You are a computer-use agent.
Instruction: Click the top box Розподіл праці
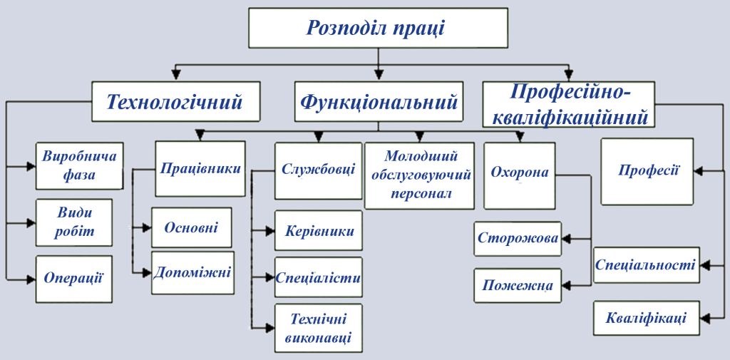click(x=378, y=28)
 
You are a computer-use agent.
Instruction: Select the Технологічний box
click(x=175, y=101)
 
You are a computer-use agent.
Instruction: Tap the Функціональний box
click(x=379, y=101)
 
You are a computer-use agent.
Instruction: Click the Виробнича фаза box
click(x=68, y=165)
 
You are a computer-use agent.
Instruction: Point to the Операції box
click(x=73, y=278)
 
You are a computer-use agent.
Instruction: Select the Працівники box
click(x=200, y=169)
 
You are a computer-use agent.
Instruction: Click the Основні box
click(x=191, y=227)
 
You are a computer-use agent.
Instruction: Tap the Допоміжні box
click(x=192, y=272)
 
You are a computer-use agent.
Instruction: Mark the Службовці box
click(x=318, y=170)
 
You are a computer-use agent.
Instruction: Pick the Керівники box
click(x=318, y=232)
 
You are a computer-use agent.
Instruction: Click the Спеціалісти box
click(x=318, y=277)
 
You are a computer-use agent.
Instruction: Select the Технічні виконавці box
click(x=318, y=328)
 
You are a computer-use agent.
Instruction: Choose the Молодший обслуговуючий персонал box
click(x=421, y=175)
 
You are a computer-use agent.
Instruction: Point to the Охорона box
click(x=519, y=173)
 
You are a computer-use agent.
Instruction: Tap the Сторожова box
click(x=518, y=238)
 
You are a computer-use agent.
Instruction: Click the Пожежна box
click(x=518, y=285)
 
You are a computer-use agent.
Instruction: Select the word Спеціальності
click(x=645, y=265)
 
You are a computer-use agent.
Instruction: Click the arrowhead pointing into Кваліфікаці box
click(x=703, y=318)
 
